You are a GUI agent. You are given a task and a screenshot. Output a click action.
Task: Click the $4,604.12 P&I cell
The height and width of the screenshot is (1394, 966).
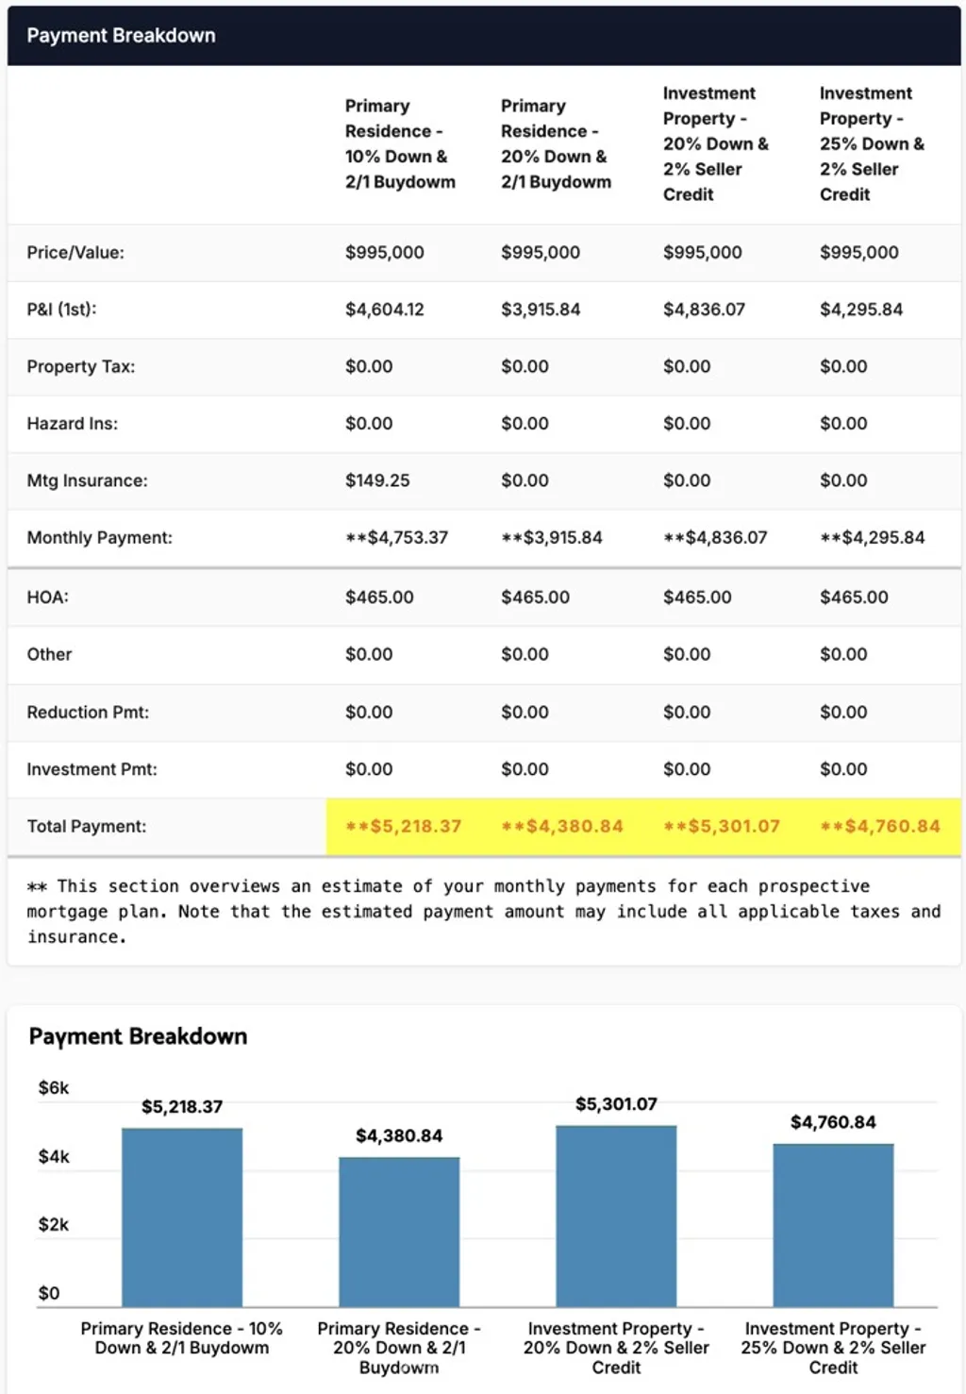(x=384, y=310)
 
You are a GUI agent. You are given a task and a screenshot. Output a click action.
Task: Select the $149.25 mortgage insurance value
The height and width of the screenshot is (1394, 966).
(x=377, y=480)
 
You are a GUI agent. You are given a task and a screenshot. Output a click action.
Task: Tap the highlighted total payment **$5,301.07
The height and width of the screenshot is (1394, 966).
(x=722, y=827)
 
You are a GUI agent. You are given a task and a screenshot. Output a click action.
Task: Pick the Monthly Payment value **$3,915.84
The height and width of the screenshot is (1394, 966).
(x=552, y=538)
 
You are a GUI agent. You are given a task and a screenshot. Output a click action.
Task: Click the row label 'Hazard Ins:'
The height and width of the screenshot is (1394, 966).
(x=73, y=424)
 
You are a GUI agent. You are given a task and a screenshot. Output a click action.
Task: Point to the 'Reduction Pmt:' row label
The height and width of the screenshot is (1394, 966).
(x=88, y=713)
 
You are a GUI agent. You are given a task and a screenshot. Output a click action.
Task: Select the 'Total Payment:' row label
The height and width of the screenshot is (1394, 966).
(x=87, y=827)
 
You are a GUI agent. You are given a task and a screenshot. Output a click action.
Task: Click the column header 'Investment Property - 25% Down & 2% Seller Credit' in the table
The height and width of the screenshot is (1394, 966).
(x=872, y=143)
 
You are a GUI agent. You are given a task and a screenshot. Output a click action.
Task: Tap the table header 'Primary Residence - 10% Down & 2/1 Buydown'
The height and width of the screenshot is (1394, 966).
(x=400, y=143)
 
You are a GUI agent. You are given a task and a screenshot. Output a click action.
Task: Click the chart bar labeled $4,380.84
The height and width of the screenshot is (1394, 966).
(x=399, y=1232)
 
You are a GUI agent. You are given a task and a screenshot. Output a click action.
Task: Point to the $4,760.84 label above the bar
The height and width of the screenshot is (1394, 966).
(x=833, y=1122)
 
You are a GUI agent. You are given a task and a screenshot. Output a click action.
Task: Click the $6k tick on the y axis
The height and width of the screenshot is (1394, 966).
(x=54, y=1088)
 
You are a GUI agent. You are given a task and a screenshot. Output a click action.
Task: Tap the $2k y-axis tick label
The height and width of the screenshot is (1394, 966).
(x=54, y=1225)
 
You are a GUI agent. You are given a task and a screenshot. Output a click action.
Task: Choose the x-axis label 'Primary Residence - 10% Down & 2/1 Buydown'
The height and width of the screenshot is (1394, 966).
(x=182, y=1338)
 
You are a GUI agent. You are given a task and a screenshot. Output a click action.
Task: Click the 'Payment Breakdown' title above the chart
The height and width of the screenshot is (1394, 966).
(x=138, y=1036)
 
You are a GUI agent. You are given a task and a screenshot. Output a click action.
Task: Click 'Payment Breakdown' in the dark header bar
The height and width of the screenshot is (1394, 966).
(x=121, y=36)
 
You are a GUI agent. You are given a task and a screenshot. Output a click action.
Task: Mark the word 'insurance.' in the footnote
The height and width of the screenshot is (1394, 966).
(x=76, y=937)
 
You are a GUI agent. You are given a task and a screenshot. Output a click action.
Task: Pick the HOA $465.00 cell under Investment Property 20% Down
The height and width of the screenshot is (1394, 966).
(x=697, y=597)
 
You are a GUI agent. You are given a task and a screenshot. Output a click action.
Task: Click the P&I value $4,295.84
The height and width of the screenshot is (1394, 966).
(x=861, y=310)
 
